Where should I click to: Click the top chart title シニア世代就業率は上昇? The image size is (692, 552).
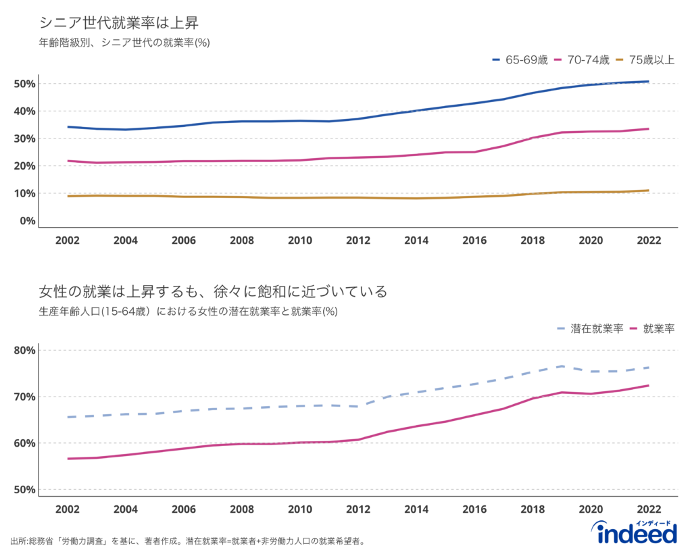click(118, 22)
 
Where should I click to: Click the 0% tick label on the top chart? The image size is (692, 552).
click(28, 220)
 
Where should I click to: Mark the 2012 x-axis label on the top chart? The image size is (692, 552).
click(358, 241)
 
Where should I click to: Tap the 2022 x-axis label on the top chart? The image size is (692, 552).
click(649, 241)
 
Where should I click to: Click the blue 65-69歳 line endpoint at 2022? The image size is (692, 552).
click(649, 82)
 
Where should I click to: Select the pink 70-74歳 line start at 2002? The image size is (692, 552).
click(68, 161)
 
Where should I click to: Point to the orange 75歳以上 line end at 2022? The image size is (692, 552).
click(649, 191)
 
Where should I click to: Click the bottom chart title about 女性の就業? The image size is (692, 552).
click(213, 292)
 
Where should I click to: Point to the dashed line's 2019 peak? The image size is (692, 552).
click(562, 366)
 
